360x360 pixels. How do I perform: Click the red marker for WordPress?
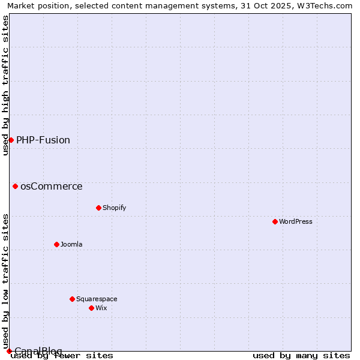(x=275, y=221)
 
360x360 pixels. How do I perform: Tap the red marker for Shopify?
(x=98, y=208)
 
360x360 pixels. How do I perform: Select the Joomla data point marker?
(x=56, y=244)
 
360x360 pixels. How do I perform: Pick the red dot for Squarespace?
(x=72, y=299)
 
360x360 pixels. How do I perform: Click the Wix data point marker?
(x=91, y=308)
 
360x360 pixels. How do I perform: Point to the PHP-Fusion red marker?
(x=11, y=140)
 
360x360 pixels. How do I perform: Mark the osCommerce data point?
(x=15, y=186)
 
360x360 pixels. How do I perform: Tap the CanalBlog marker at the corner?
(x=9, y=351)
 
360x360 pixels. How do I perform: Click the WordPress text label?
(x=296, y=221)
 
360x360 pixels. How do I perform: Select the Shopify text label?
(x=114, y=208)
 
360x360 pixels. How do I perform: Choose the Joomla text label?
(x=71, y=244)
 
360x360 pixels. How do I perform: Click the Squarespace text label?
(x=97, y=299)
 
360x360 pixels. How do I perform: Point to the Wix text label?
(x=101, y=308)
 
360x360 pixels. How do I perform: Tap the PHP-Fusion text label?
(x=43, y=140)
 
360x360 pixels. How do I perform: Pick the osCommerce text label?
(x=52, y=187)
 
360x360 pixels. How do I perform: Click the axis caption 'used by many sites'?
(x=301, y=356)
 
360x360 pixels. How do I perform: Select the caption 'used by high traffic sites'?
(x=5, y=85)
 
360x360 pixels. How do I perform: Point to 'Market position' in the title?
(x=35, y=5)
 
